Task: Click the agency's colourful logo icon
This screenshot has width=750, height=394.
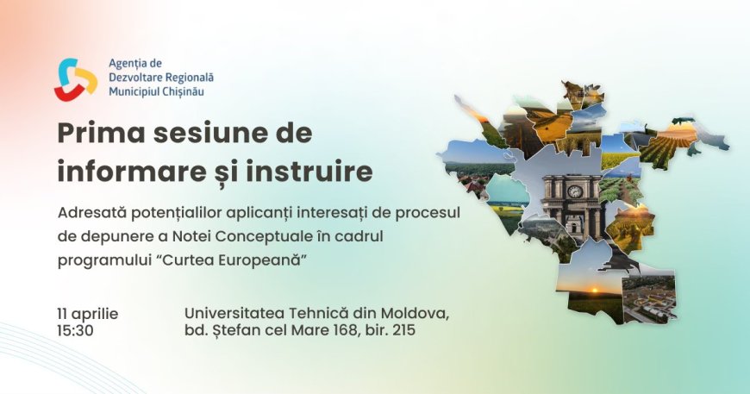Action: [76, 78]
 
